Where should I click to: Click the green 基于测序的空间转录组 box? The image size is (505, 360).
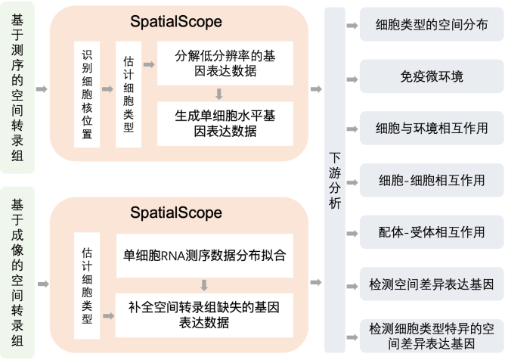tap(17, 89)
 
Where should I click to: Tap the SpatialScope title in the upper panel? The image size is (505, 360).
tap(179, 23)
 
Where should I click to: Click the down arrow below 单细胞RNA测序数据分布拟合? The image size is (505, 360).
tap(204, 285)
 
